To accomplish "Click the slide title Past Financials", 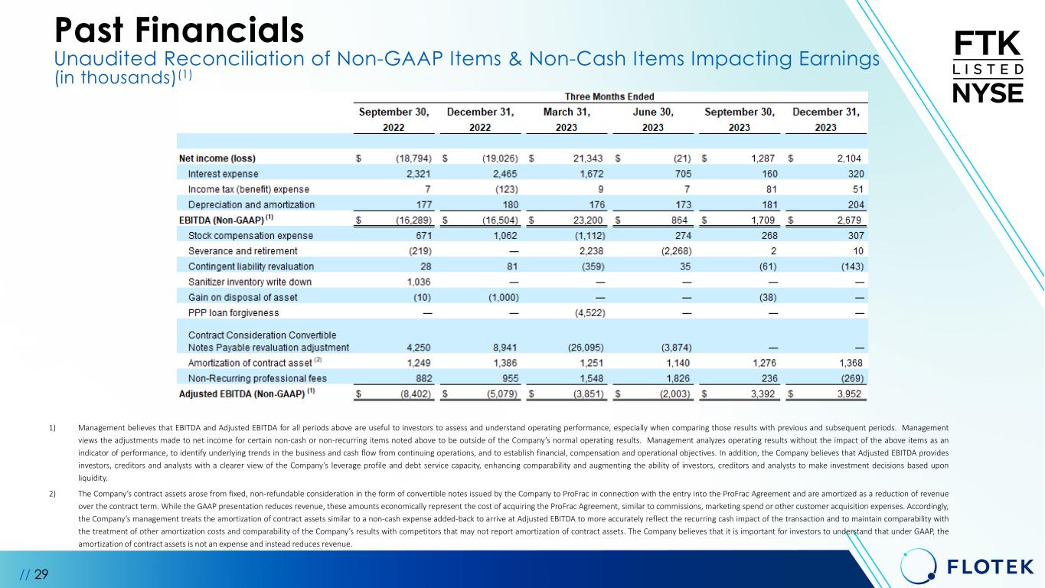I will (179, 30).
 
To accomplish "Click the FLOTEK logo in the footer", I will (968, 567).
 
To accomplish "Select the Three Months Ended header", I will (609, 97).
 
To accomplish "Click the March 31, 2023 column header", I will (567, 119).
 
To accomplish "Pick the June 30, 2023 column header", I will (653, 119).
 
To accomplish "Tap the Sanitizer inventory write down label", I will (250, 282).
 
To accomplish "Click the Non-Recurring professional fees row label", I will (257, 378).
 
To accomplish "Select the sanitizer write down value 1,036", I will (417, 282).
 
